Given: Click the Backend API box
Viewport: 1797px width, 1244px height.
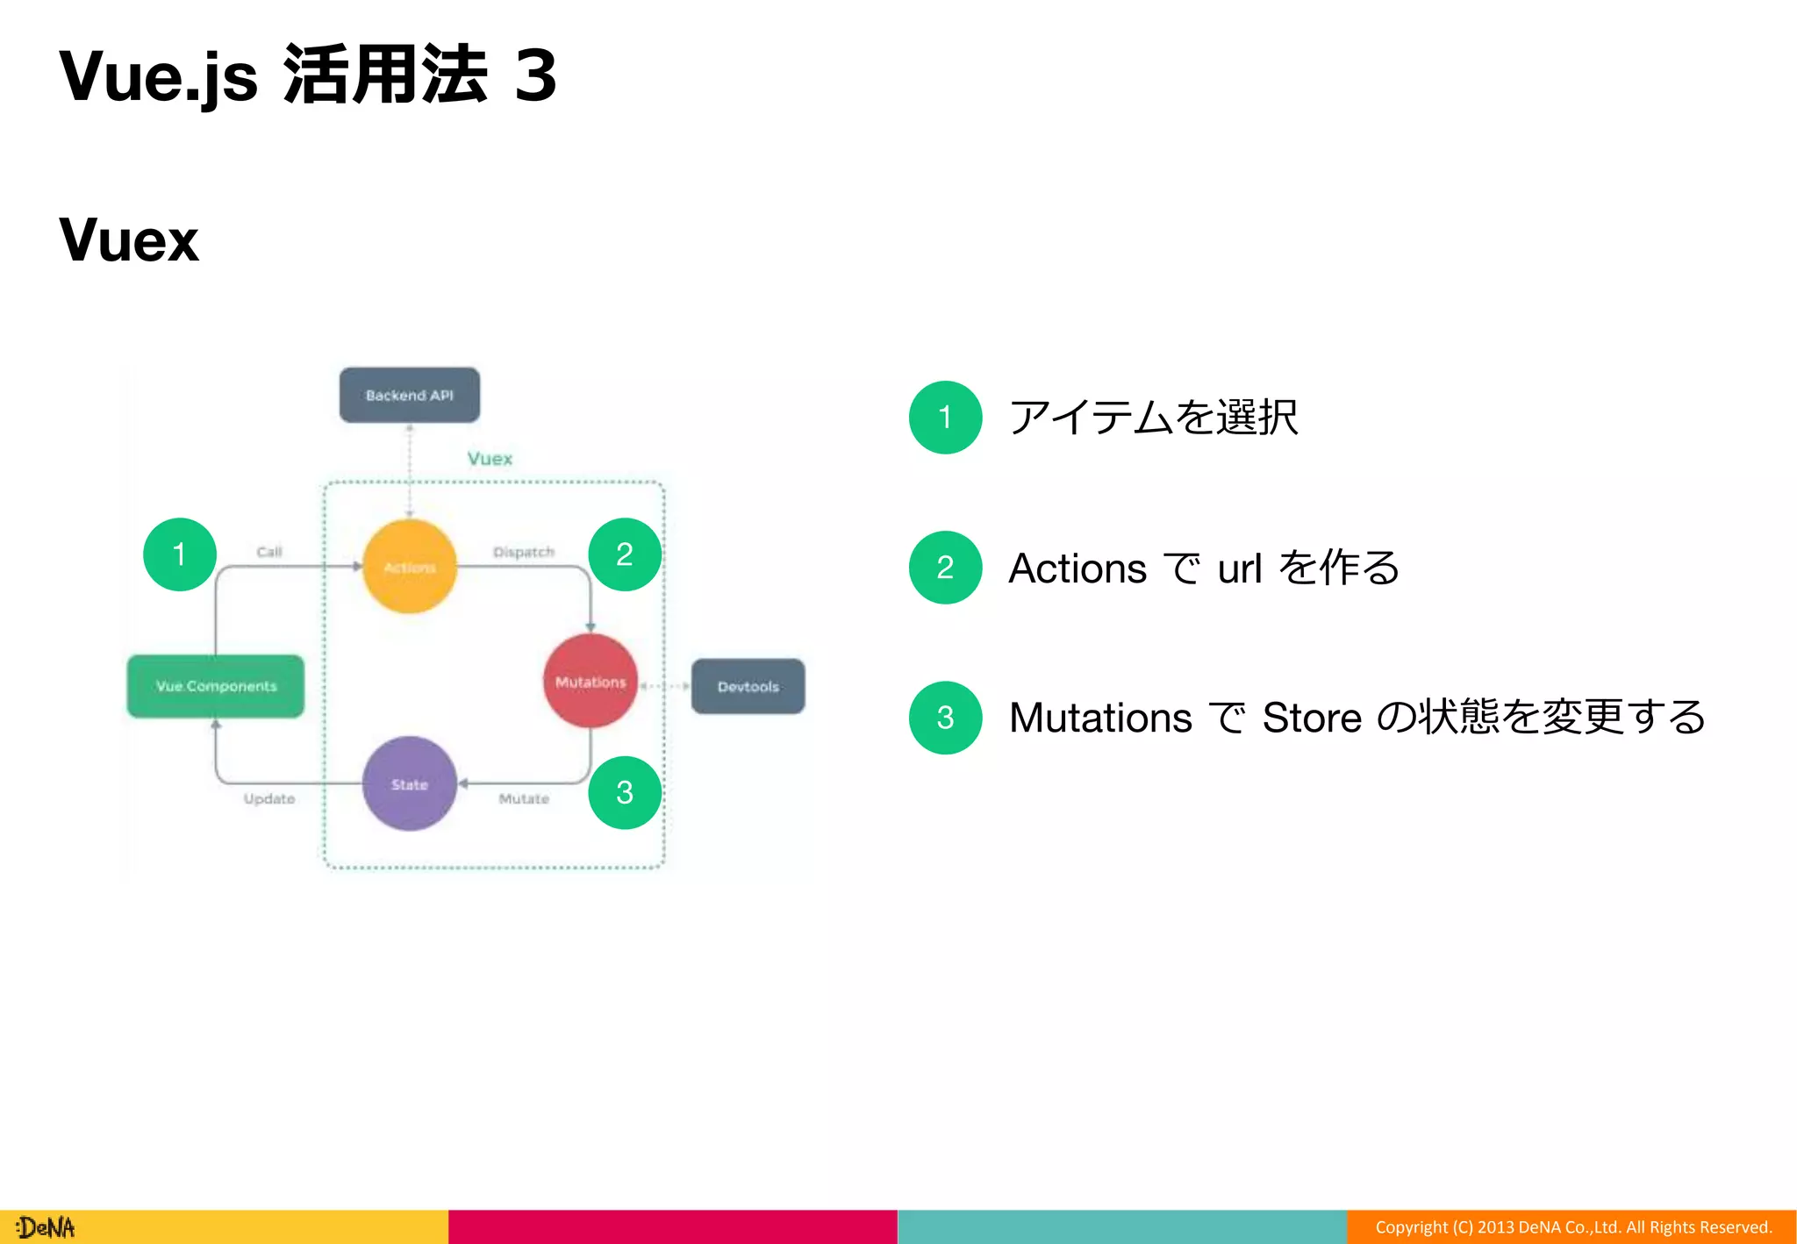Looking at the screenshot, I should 409,395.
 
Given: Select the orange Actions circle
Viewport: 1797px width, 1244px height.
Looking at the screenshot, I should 410,567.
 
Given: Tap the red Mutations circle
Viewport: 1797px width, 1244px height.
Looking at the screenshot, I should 591,682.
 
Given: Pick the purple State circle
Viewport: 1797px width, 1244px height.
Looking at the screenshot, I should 410,783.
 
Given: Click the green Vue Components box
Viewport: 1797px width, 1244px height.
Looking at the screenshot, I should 216,686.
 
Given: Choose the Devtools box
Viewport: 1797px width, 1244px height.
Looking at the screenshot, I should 748,686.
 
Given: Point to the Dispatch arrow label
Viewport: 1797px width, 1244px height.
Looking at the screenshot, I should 523,552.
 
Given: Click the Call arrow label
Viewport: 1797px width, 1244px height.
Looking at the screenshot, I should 268,552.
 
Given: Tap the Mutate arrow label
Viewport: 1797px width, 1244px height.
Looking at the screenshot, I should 524,798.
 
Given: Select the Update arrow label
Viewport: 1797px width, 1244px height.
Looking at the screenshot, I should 268,798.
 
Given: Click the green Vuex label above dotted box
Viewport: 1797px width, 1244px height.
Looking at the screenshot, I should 490,459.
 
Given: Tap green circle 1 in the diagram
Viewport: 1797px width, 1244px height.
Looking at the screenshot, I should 180,554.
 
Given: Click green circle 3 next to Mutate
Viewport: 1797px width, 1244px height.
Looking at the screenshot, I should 624,792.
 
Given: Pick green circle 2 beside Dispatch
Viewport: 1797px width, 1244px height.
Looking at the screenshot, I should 624,554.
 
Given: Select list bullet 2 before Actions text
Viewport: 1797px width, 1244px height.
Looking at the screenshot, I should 945,568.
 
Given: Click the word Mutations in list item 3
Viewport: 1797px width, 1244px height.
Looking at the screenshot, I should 1100,718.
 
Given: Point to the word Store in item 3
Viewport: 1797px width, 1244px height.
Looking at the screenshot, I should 1311,718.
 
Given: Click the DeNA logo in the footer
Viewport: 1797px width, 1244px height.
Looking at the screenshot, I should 46,1227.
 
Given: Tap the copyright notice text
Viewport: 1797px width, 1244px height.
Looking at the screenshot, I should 1572,1227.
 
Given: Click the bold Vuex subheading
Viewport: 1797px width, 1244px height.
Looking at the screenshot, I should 129,240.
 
